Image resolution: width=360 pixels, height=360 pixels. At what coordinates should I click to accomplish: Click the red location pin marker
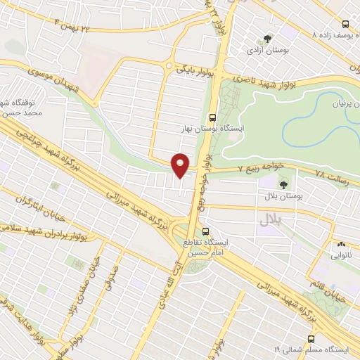[181, 165]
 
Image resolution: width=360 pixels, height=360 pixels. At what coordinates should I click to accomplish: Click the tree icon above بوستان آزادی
[267, 39]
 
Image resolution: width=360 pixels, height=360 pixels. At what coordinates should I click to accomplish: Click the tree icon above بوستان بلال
[283, 186]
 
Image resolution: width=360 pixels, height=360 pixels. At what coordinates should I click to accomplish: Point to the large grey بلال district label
[269, 221]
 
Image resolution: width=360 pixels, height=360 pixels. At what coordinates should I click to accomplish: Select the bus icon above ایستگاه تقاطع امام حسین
[205, 231]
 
